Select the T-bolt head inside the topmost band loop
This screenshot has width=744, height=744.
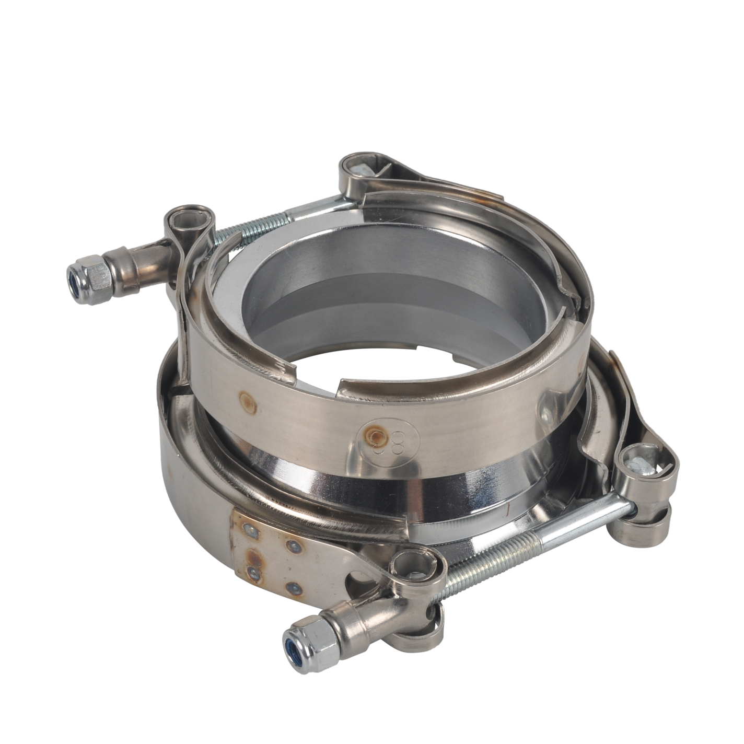tap(361, 170)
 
